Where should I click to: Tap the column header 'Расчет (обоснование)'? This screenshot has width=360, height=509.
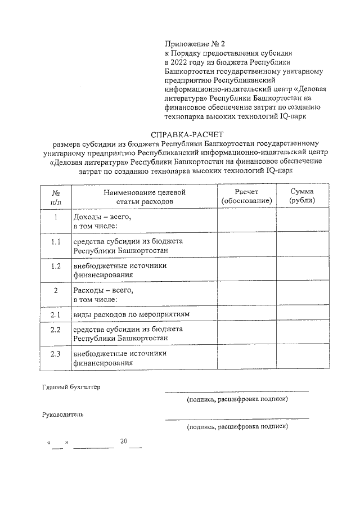246,196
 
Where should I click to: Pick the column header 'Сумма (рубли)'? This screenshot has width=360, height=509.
302,196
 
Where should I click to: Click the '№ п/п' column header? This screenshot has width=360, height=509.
56,196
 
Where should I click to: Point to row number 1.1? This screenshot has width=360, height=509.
56,242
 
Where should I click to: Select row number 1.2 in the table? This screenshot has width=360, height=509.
56,266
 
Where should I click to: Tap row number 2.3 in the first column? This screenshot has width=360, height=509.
56,354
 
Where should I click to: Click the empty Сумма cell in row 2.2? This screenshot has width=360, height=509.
302,334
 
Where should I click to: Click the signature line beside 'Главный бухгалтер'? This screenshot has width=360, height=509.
237,390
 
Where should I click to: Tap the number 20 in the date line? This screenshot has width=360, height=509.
124,440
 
